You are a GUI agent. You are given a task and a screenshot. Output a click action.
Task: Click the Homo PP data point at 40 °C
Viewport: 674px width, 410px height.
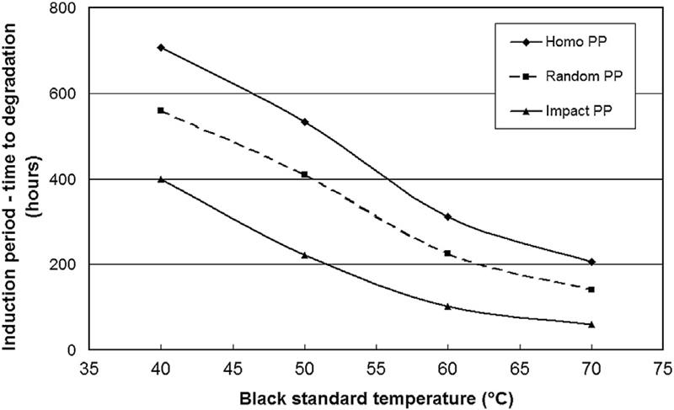point(160,47)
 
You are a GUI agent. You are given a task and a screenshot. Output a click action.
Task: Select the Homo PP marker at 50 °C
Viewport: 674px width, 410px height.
point(304,122)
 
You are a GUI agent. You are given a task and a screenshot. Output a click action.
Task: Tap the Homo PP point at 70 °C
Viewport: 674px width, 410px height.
point(591,262)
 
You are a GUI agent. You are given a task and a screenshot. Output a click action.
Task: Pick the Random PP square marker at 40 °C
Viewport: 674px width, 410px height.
point(160,110)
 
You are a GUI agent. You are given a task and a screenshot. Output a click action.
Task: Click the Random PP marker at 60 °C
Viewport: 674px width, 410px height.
point(447,253)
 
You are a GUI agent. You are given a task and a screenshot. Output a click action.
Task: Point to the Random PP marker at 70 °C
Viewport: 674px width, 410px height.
point(591,290)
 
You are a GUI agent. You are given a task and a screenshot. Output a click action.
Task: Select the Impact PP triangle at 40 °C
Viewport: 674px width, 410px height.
point(160,179)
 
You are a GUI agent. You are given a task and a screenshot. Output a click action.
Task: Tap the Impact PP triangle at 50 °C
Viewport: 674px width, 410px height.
point(304,255)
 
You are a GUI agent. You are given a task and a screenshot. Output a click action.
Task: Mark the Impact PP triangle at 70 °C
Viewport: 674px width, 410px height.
point(591,324)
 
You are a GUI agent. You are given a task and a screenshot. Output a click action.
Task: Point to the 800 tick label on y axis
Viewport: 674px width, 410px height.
point(65,8)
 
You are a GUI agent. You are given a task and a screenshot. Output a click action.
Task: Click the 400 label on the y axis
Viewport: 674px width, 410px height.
point(65,179)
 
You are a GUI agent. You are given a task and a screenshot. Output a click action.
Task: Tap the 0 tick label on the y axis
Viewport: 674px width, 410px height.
point(74,350)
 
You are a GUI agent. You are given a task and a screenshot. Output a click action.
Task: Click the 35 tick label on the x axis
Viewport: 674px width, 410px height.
point(88,368)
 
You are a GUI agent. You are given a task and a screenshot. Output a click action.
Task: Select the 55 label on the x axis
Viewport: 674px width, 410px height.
point(376,368)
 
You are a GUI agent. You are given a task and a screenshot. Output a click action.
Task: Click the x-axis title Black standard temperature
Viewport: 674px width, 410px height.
point(375,396)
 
